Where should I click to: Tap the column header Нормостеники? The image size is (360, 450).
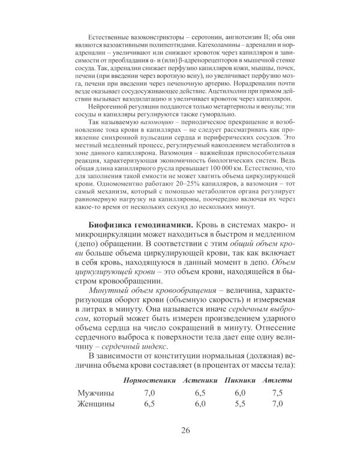pyautogui.click(x=149, y=380)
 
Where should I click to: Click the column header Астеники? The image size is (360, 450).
pyautogui.click(x=200, y=380)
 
